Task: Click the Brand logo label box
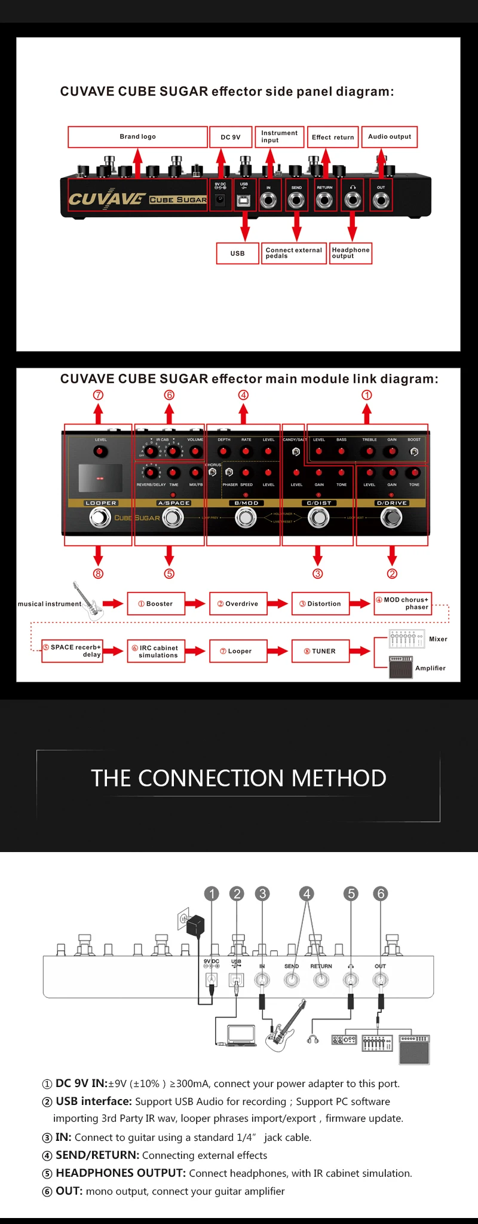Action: click(137, 137)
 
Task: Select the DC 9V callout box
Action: click(231, 137)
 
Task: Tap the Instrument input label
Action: click(280, 137)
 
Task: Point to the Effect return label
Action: click(333, 137)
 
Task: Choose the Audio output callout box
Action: click(390, 137)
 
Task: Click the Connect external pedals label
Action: click(294, 253)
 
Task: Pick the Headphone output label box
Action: click(351, 253)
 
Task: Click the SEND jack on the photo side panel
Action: click(296, 200)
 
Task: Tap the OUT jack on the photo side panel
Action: click(381, 200)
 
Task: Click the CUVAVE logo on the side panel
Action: click(106, 199)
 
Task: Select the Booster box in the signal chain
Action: click(155, 604)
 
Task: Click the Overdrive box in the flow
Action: click(238, 604)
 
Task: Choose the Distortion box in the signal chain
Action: click(320, 604)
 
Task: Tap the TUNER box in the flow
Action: click(320, 651)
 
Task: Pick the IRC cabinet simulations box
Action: click(155, 651)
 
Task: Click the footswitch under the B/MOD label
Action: click(246, 518)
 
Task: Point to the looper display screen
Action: click(100, 478)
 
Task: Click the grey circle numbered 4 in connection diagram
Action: click(307, 893)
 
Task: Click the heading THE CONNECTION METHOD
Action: click(238, 779)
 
